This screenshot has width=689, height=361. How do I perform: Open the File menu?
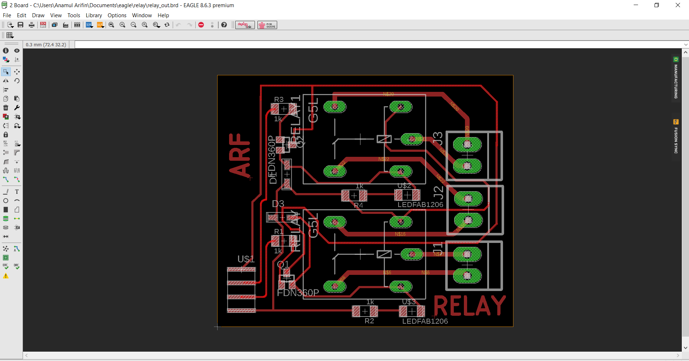pyautogui.click(x=7, y=15)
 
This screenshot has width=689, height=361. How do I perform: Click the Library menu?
pyautogui.click(x=94, y=15)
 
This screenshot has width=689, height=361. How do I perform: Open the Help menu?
pyautogui.click(x=163, y=15)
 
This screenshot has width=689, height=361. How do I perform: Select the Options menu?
pyautogui.click(x=117, y=15)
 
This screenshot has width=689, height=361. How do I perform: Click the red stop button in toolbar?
pyautogui.click(x=201, y=25)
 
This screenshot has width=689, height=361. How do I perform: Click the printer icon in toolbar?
pyautogui.click(x=32, y=25)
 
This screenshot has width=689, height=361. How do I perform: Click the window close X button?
pyautogui.click(x=678, y=5)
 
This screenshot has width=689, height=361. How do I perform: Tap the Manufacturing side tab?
pyautogui.click(x=676, y=79)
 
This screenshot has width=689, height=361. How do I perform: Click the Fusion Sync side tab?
pyautogui.click(x=676, y=138)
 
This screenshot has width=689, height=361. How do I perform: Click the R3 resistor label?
pyautogui.click(x=279, y=99)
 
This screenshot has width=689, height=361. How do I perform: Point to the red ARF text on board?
pyautogui.click(x=240, y=155)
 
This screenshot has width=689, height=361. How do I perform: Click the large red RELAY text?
pyautogui.click(x=470, y=306)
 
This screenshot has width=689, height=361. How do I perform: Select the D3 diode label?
pyautogui.click(x=278, y=204)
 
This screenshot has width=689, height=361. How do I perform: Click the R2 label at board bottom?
pyautogui.click(x=369, y=321)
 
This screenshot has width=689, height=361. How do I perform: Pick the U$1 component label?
pyautogui.click(x=246, y=259)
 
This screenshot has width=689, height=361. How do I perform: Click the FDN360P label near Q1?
pyautogui.click(x=298, y=293)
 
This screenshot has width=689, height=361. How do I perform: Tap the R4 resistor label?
pyautogui.click(x=358, y=205)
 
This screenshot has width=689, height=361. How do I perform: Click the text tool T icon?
pyautogui.click(x=17, y=192)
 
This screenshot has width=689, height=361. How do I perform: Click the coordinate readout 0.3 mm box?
pyautogui.click(x=46, y=45)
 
